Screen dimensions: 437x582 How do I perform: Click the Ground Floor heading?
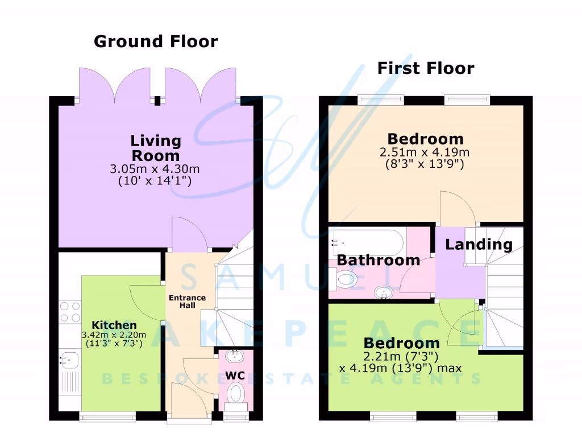point(155,42)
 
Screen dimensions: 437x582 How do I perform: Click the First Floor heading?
point(425,68)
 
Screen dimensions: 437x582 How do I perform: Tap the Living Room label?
point(156,148)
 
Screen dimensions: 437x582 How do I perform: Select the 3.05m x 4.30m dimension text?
point(155,170)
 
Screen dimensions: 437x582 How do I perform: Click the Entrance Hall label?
point(187,302)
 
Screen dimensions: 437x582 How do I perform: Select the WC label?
point(235,376)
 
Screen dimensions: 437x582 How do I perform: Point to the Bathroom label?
point(379,261)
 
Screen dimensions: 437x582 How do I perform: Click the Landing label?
point(479,245)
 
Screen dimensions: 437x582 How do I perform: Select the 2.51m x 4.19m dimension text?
point(425,152)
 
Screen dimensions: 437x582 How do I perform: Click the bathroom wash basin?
point(384,292)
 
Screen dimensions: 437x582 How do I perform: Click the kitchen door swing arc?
point(145,302)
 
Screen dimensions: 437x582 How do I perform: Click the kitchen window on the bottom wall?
point(107,417)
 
